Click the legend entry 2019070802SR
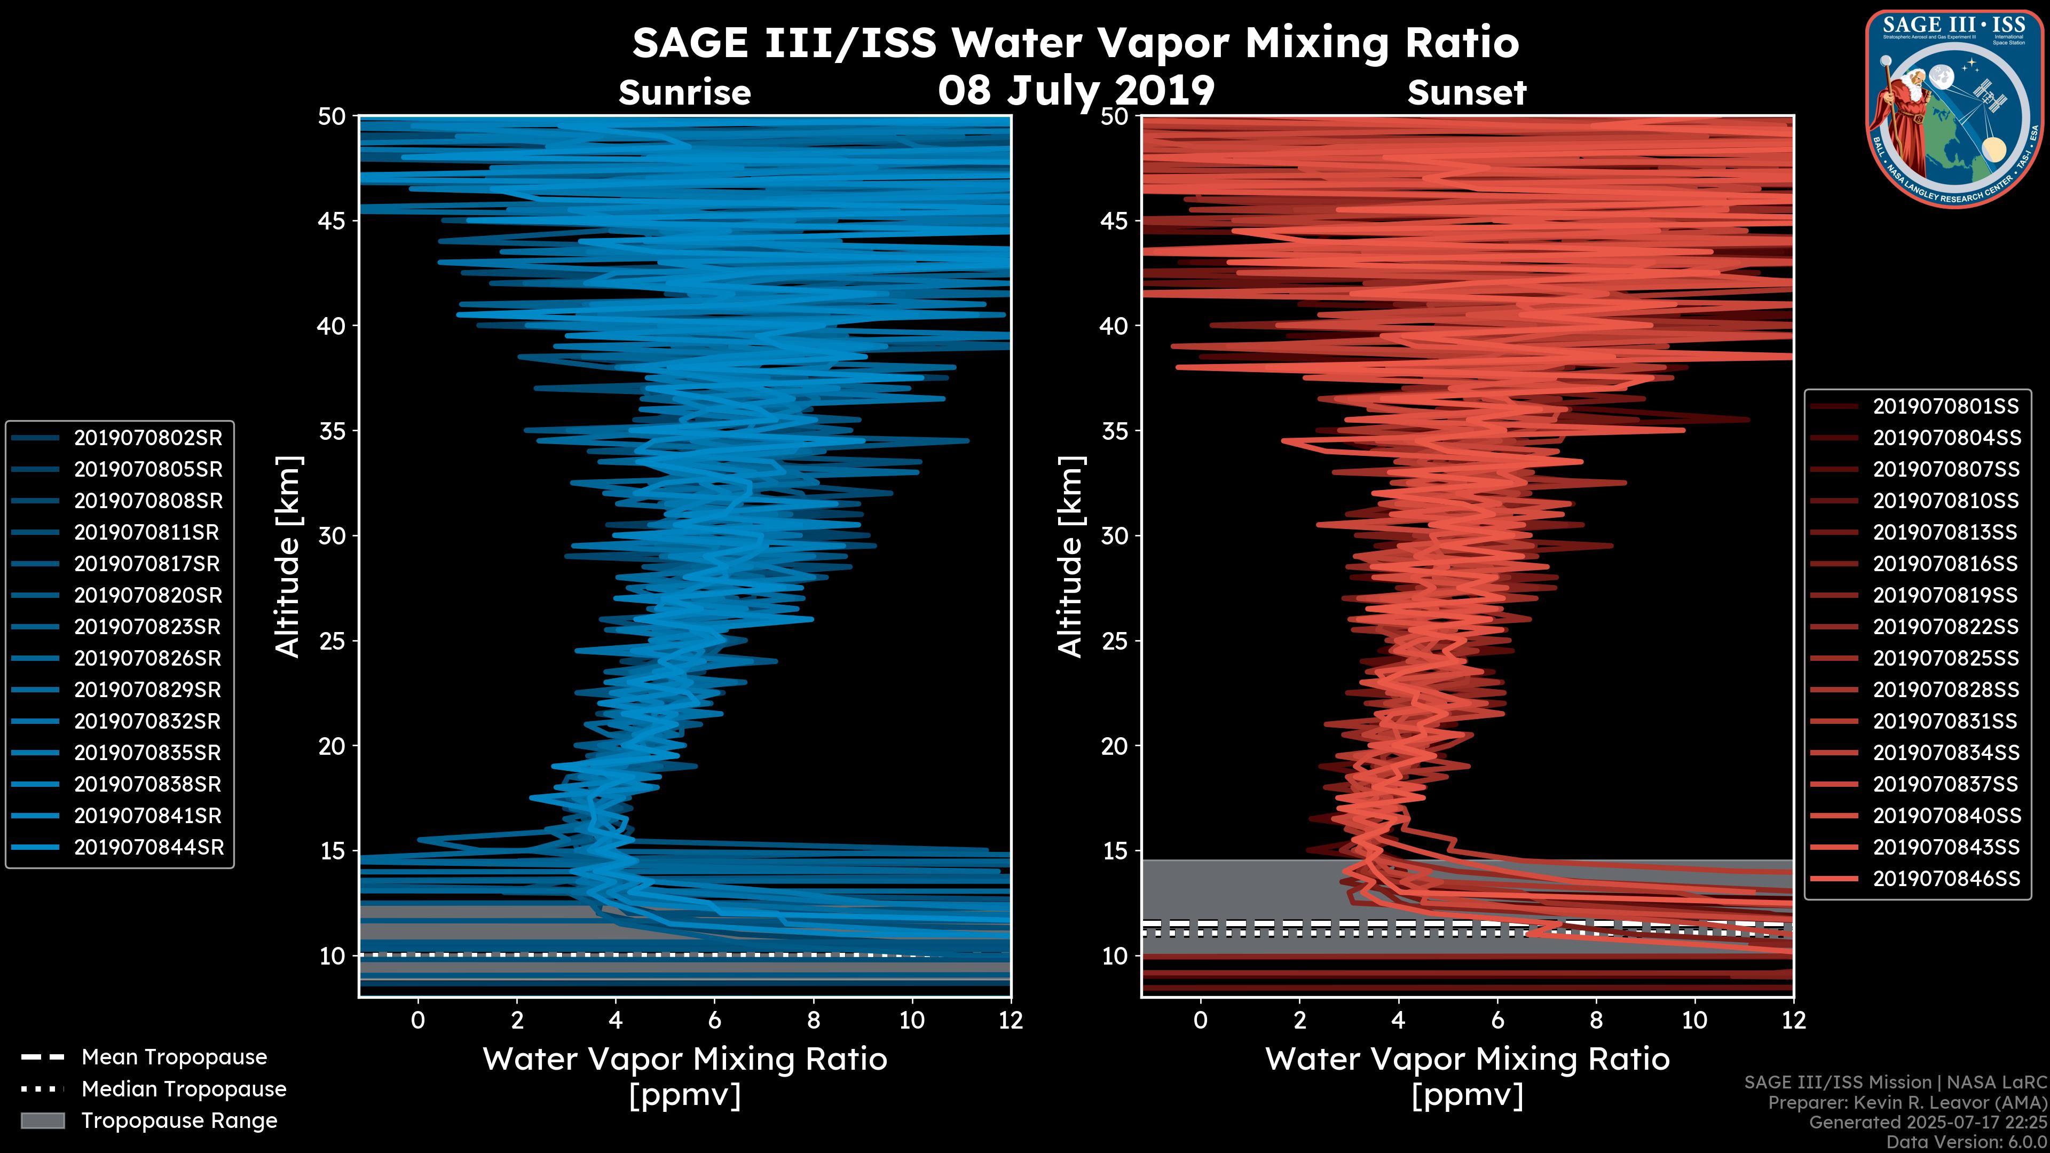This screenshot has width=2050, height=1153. pos(148,438)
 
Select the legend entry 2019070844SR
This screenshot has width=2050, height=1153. pos(148,848)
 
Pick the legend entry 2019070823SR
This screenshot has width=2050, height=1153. pos(147,627)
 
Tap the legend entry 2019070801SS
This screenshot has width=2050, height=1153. pos(1946,407)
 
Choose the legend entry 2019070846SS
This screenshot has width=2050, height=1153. pos(1946,879)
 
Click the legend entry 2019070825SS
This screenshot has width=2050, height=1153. pos(1946,658)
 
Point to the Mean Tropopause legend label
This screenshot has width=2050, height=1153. pos(174,1057)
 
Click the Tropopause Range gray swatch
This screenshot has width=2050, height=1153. pos(42,1120)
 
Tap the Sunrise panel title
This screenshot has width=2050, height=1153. pos(684,92)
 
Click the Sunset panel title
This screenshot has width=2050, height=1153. pos(1466,92)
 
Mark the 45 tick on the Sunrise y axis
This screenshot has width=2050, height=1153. pos(333,220)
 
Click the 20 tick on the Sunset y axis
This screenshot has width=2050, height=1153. pos(1116,746)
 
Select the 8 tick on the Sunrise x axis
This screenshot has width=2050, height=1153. pos(813,1020)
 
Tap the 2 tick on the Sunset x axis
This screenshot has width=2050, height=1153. pos(1299,1020)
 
